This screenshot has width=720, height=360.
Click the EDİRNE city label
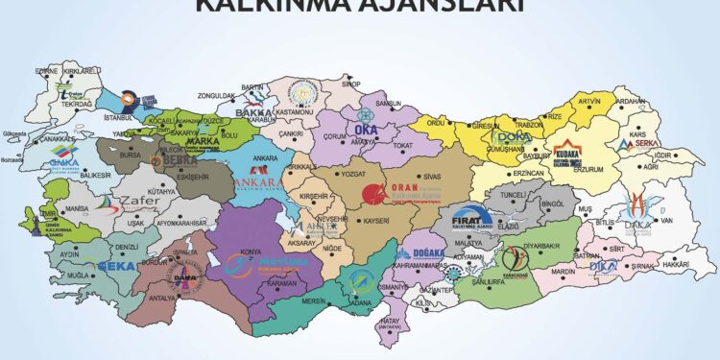[x=48, y=71]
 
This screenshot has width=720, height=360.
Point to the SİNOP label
[x=351, y=84]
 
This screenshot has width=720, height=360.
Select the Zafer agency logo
[x=138, y=203]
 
